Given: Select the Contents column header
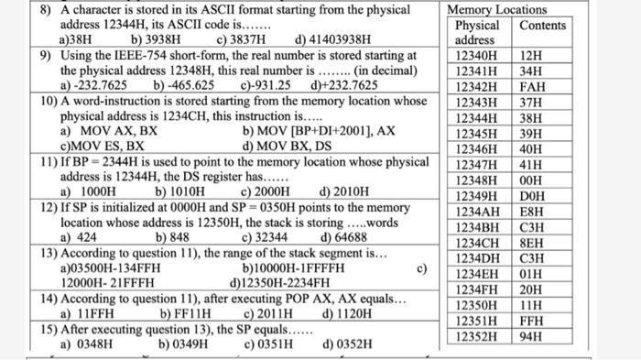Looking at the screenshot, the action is click(x=542, y=25).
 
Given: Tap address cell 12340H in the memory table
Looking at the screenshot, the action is click(x=476, y=56).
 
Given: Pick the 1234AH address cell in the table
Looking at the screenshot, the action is click(x=476, y=211).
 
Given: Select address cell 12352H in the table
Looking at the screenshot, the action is click(x=476, y=336).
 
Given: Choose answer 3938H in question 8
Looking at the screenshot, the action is click(x=157, y=40).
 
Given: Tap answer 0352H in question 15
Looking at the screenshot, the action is click(x=348, y=344).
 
